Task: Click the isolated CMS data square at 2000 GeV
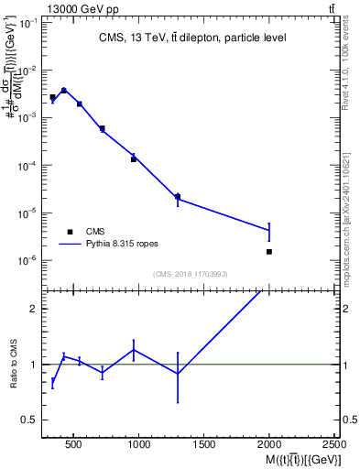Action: pyautogui.click(x=269, y=251)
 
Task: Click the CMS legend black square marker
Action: pyautogui.click(x=69, y=232)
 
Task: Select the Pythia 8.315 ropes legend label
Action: pyautogui.click(x=124, y=245)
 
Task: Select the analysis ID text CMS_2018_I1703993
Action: pyautogui.click(x=191, y=273)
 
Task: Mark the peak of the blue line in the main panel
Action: pyautogui.click(x=63, y=90)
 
